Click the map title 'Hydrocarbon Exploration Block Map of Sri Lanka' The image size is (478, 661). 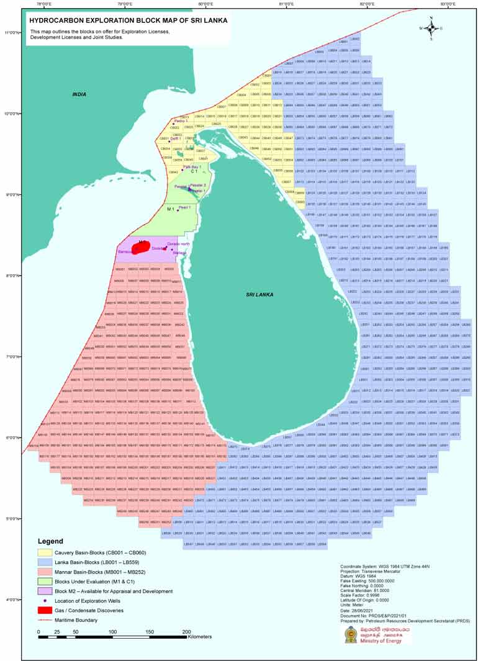click(x=129, y=20)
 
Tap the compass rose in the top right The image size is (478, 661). click(x=430, y=28)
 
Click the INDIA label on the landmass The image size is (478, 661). click(x=79, y=94)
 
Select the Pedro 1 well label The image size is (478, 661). click(x=180, y=120)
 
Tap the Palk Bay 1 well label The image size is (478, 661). click(x=200, y=167)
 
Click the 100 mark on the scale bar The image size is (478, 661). click(x=112, y=632)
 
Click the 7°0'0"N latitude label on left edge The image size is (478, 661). click(x=12, y=357)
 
